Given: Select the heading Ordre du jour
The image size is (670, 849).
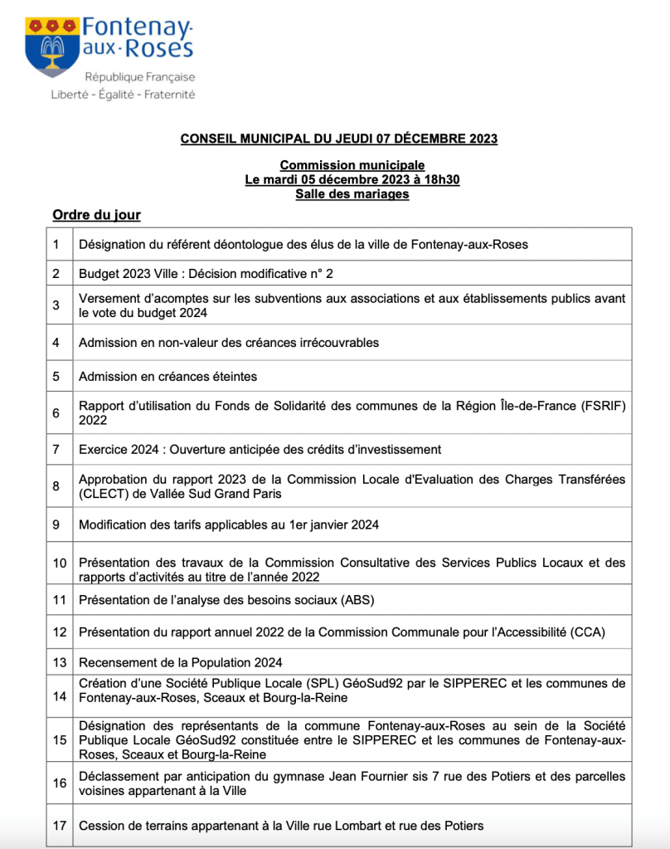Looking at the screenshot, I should (96, 216).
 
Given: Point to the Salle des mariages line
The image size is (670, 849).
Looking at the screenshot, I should (352, 194).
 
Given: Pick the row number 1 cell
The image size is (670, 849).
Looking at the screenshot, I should (56, 245).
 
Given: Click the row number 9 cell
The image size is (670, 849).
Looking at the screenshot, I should (56, 525).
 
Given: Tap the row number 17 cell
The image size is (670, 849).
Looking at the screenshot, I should (59, 826).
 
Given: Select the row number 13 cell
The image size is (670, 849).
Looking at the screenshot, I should (59, 662).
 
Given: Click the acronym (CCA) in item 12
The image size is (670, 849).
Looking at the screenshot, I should (588, 632).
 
